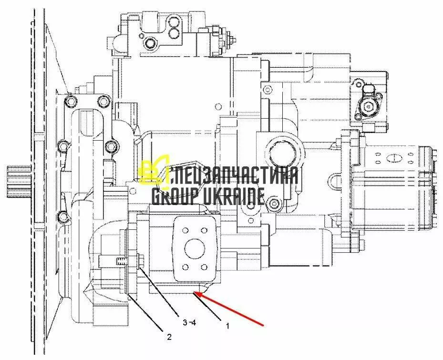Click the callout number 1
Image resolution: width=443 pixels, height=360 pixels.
pyautogui.click(x=227, y=327)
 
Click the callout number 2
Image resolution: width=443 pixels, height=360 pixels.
pyautogui.click(x=169, y=337)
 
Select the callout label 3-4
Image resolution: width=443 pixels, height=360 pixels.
pyautogui.click(x=189, y=322)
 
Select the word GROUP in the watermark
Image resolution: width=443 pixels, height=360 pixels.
pyautogui.click(x=172, y=195)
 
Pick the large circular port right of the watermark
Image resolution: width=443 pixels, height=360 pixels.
pyautogui.click(x=283, y=155)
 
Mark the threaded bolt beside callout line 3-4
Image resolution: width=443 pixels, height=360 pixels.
pyautogui.click(x=122, y=261)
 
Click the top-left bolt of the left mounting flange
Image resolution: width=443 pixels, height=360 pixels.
pyautogui.click(x=71, y=102)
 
